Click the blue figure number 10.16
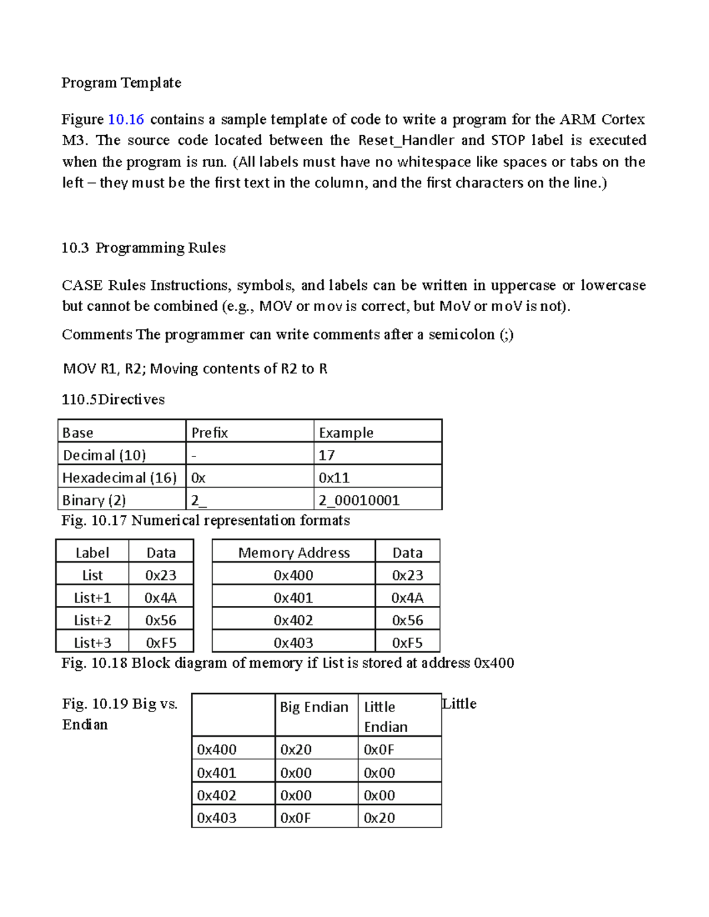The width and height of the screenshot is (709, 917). (126, 119)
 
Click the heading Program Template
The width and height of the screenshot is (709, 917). (121, 83)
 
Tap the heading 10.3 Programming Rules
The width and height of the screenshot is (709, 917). (144, 248)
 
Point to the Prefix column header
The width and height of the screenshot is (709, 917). (209, 433)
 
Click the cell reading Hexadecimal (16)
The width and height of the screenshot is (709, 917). (119, 478)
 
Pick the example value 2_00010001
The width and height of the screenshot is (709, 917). (359, 500)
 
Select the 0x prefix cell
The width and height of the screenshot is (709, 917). (199, 478)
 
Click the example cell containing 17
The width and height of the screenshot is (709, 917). (327, 455)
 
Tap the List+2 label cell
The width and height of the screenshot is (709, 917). (92, 620)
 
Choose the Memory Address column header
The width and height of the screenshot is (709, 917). (294, 553)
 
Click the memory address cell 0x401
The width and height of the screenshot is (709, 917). (293, 598)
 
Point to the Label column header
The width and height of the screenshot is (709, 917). (92, 553)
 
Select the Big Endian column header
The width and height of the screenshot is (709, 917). (314, 707)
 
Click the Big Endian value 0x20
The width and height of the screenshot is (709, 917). (295, 750)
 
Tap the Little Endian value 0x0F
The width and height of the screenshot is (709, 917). (379, 750)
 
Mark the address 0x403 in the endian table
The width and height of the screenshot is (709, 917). (216, 818)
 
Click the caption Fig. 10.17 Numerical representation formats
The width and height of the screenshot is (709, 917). (206, 520)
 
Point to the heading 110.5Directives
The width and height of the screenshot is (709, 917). (113, 400)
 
